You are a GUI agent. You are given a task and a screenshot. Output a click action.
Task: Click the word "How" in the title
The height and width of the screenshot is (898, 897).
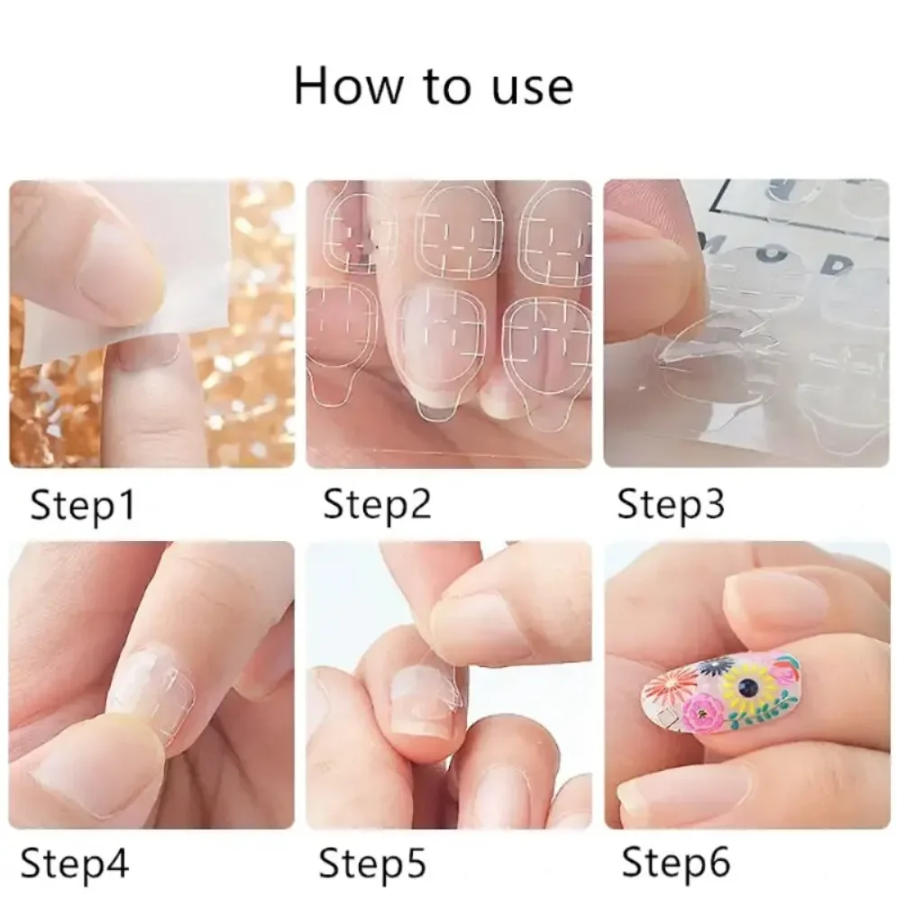click(x=343, y=87)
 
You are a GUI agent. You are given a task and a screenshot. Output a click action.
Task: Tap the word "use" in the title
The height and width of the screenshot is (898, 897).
click(x=532, y=87)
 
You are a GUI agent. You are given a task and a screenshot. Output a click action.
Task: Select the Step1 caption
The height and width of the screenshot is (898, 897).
click(x=82, y=505)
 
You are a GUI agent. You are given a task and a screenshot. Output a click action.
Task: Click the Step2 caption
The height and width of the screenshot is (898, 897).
click(x=377, y=505)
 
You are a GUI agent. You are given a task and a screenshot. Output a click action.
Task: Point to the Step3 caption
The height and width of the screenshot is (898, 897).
click(x=670, y=505)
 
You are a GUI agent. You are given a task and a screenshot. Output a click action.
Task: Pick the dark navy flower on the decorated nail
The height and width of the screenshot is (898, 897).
click(x=715, y=668)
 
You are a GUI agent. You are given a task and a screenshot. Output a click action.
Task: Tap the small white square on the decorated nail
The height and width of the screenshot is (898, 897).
click(x=667, y=717)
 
